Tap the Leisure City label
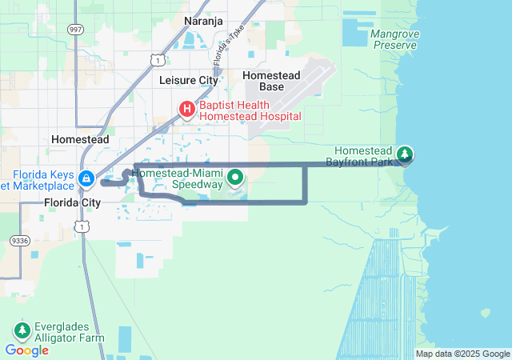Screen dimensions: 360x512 point(189,81)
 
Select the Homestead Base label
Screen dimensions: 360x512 point(271,81)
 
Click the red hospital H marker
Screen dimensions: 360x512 point(186,108)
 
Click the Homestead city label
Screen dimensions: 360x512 point(79,138)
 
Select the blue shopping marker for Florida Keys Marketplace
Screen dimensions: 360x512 point(87,177)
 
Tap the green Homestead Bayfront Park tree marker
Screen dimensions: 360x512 point(406,153)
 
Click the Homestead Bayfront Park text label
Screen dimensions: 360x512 point(363,156)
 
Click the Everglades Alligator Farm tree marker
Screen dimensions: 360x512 point(22,330)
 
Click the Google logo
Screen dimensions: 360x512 point(27,350)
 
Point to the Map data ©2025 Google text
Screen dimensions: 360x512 point(462,354)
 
